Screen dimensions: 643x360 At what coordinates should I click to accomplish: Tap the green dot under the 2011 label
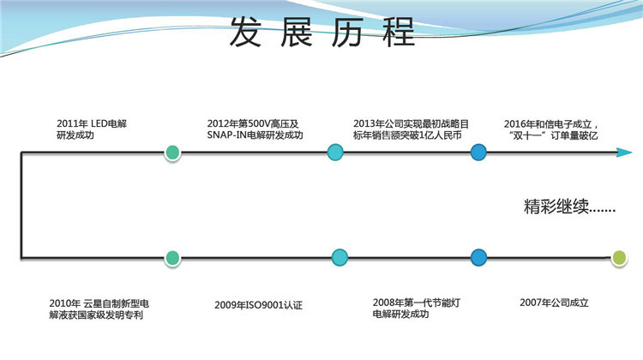coord(173,153)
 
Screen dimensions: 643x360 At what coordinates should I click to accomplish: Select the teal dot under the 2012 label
coord(336,153)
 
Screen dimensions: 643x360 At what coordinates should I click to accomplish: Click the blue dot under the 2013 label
coord(478,153)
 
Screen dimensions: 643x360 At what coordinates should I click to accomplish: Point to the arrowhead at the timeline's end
coord(624,153)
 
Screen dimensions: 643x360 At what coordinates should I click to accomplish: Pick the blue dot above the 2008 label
coord(478,256)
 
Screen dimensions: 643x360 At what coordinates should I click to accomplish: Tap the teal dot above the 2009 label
coord(340,256)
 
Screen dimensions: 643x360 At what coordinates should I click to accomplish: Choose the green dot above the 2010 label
coord(173,256)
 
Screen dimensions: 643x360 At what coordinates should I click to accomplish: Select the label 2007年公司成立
coord(555,303)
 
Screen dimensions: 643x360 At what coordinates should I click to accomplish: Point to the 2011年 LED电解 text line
coord(81,123)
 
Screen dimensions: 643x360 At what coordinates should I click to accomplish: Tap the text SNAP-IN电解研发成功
coord(255,135)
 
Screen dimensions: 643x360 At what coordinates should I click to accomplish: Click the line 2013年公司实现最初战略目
coord(410,123)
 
